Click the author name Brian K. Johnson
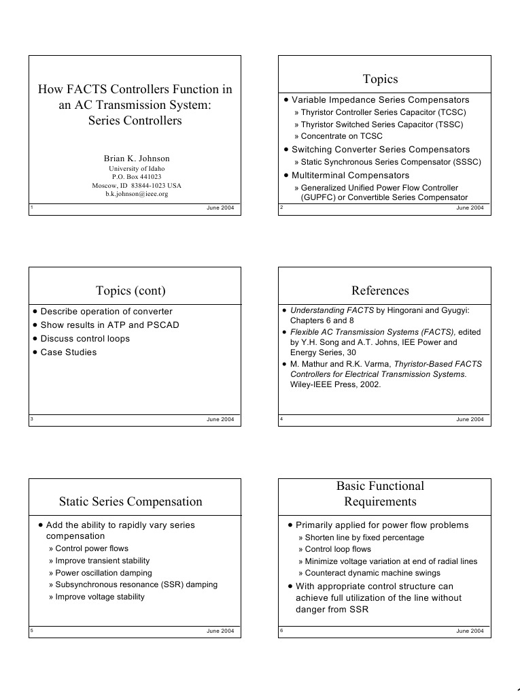coord(137,159)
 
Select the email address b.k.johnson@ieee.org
coord(137,194)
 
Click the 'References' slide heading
coord(380,291)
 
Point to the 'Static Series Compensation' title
coord(131,501)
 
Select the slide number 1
coord(32,207)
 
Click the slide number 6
coord(281,631)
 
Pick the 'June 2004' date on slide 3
coord(220,419)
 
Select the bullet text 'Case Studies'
coord(69,352)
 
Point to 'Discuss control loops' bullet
coord(85,339)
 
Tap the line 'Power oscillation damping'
coord(100,573)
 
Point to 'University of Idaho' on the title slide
coord(137,169)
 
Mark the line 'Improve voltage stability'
coord(100,597)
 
